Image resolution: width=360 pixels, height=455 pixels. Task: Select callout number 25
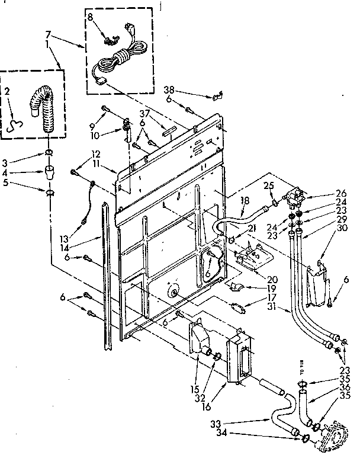tap(268, 187)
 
